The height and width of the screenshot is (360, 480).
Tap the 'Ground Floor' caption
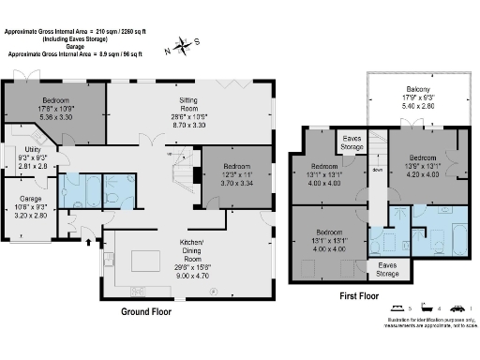pos(151,312)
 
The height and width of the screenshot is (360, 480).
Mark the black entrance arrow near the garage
pos(89,242)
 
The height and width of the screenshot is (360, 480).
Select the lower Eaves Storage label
pos(387,270)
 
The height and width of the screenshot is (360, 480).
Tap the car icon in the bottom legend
pos(457,308)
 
